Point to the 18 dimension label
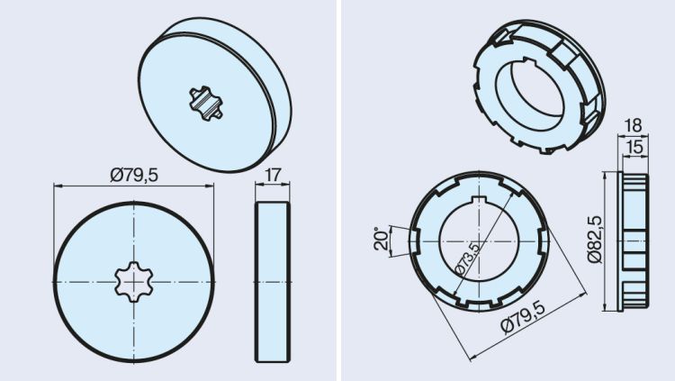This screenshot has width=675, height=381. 634,125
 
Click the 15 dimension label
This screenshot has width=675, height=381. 636,145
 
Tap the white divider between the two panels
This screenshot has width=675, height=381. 337,190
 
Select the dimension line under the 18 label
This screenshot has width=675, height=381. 634,135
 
